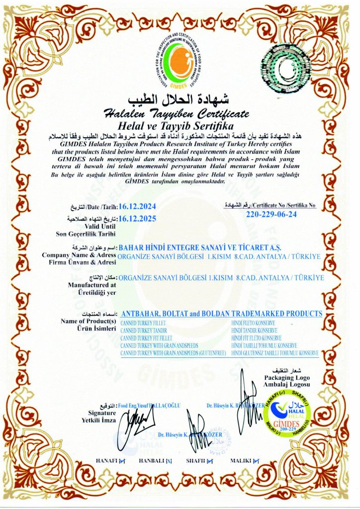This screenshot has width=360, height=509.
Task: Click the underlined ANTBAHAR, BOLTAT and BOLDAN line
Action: tap(221, 314)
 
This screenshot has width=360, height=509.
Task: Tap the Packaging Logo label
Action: tap(280, 378)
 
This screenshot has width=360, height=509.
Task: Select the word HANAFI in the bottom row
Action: tap(105, 461)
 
